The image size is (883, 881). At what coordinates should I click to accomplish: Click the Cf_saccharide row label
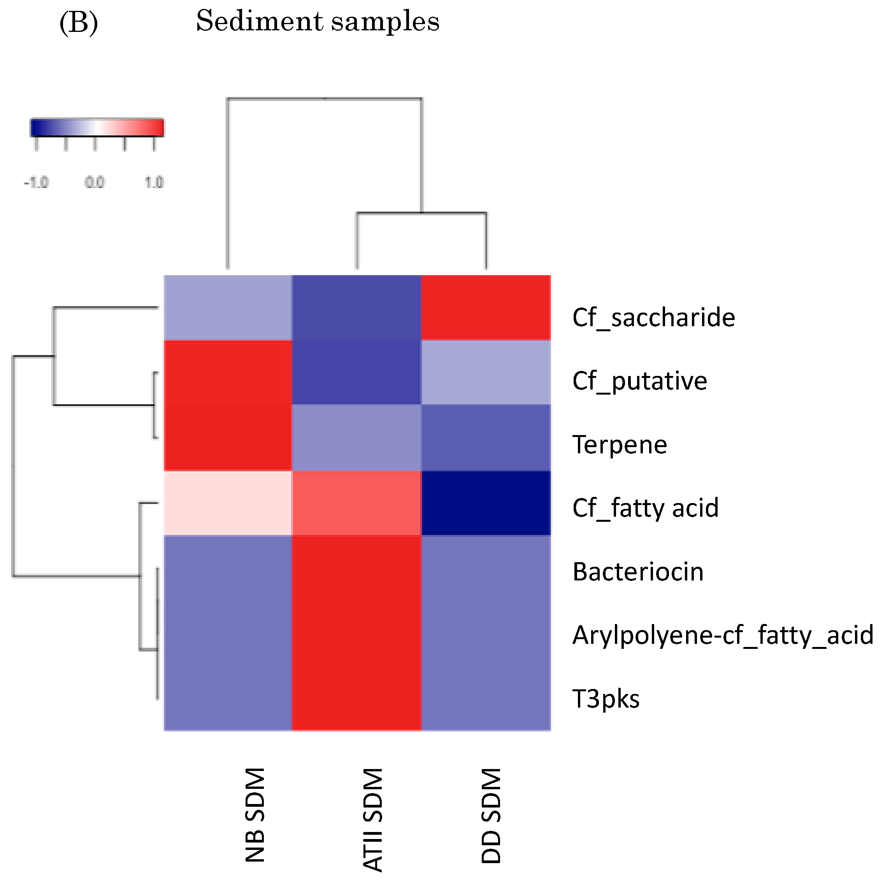pyautogui.click(x=653, y=317)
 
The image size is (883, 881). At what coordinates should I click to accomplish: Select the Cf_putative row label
pyautogui.click(x=639, y=381)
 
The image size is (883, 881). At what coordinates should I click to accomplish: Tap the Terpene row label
pyautogui.click(x=619, y=444)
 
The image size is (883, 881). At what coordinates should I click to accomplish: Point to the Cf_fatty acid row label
pyautogui.click(x=645, y=508)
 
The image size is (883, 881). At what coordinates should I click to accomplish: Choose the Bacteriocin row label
pyautogui.click(x=637, y=572)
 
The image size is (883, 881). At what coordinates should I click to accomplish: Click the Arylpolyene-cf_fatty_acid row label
pyautogui.click(x=723, y=635)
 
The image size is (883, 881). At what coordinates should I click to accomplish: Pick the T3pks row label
pyautogui.click(x=606, y=698)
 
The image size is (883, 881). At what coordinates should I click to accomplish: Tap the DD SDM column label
pyautogui.click(x=492, y=815)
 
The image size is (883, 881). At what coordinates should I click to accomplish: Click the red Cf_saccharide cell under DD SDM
pyautogui.click(x=486, y=308)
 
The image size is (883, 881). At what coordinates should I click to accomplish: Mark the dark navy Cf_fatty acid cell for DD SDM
pyautogui.click(x=486, y=502)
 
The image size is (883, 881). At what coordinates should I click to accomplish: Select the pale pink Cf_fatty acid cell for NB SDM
pyautogui.click(x=228, y=502)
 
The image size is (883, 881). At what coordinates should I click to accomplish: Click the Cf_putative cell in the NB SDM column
pyautogui.click(x=228, y=372)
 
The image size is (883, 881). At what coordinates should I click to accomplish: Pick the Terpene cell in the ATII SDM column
pyautogui.click(x=356, y=437)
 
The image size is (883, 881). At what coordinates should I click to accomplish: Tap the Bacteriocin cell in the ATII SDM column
pyautogui.click(x=356, y=568)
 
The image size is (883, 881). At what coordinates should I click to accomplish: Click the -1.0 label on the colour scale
pyautogui.click(x=36, y=183)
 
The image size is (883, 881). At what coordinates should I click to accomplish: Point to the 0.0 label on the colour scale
pyautogui.click(x=95, y=183)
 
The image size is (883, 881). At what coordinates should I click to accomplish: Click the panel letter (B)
pyautogui.click(x=79, y=23)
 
